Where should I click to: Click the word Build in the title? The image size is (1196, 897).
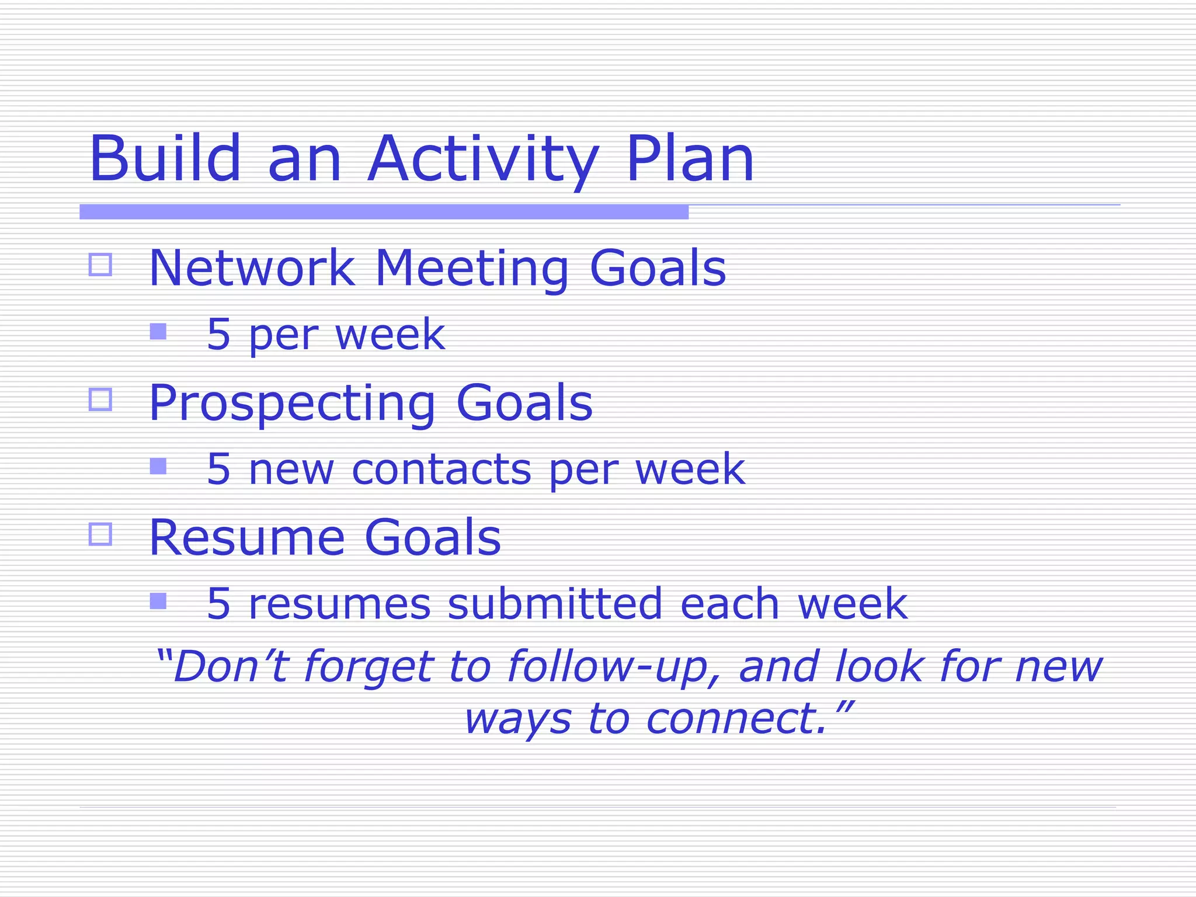[165, 159]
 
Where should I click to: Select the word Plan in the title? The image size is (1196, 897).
[690, 159]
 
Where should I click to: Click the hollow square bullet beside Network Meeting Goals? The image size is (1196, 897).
[100, 265]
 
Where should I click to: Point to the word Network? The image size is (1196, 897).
[252, 268]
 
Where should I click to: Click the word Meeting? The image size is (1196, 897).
[471, 268]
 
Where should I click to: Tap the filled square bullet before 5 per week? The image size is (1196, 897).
[158, 332]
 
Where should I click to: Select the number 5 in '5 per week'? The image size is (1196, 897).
[218, 335]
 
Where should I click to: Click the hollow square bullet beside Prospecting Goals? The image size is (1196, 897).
[100, 399]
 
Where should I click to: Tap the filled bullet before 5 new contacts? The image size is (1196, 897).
[158, 466]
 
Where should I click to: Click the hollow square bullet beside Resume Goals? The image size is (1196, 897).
[100, 534]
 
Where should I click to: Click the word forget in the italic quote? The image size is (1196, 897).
[368, 667]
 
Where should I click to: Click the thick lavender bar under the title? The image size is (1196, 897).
[384, 212]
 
